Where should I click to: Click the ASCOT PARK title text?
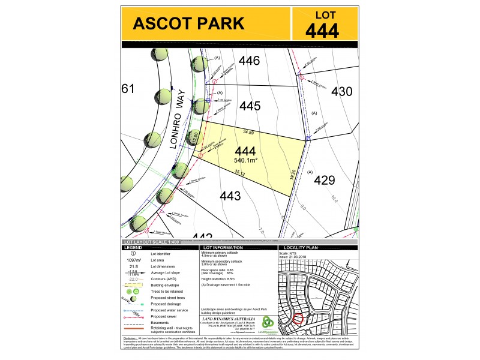click(x=188, y=23)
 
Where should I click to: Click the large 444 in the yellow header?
click(x=322, y=30)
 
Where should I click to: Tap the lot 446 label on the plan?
click(x=249, y=61)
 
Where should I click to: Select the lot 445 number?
click(x=249, y=106)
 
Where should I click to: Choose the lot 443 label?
click(x=230, y=196)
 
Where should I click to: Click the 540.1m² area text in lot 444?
click(x=246, y=161)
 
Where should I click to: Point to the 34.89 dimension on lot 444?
click(x=248, y=131)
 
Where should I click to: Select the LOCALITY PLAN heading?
click(x=301, y=247)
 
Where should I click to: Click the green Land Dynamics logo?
click(x=269, y=322)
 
